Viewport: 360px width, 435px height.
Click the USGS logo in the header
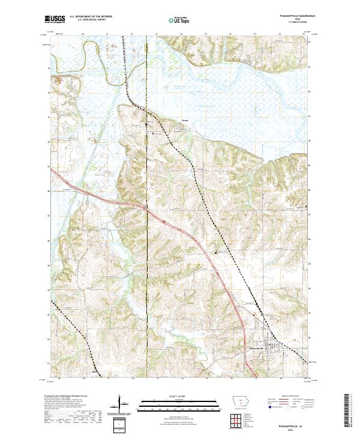[x=55, y=19]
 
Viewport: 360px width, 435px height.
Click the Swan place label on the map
[x=185, y=125]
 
